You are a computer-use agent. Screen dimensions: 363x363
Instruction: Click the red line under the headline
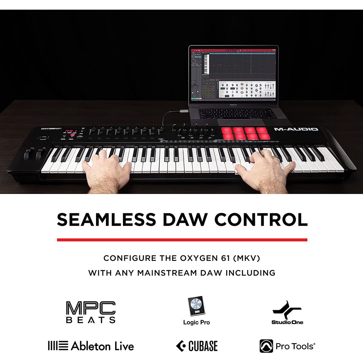point(182,240)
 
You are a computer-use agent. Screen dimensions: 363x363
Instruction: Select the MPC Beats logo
point(91,312)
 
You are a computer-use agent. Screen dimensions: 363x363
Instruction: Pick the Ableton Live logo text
point(102,346)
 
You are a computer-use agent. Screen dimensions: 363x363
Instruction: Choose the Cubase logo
point(197,346)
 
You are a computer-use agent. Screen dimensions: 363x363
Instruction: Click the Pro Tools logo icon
point(266,346)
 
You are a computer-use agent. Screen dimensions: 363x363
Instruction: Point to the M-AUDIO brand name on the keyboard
point(296,129)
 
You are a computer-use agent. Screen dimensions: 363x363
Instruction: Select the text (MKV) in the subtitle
point(246,258)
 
